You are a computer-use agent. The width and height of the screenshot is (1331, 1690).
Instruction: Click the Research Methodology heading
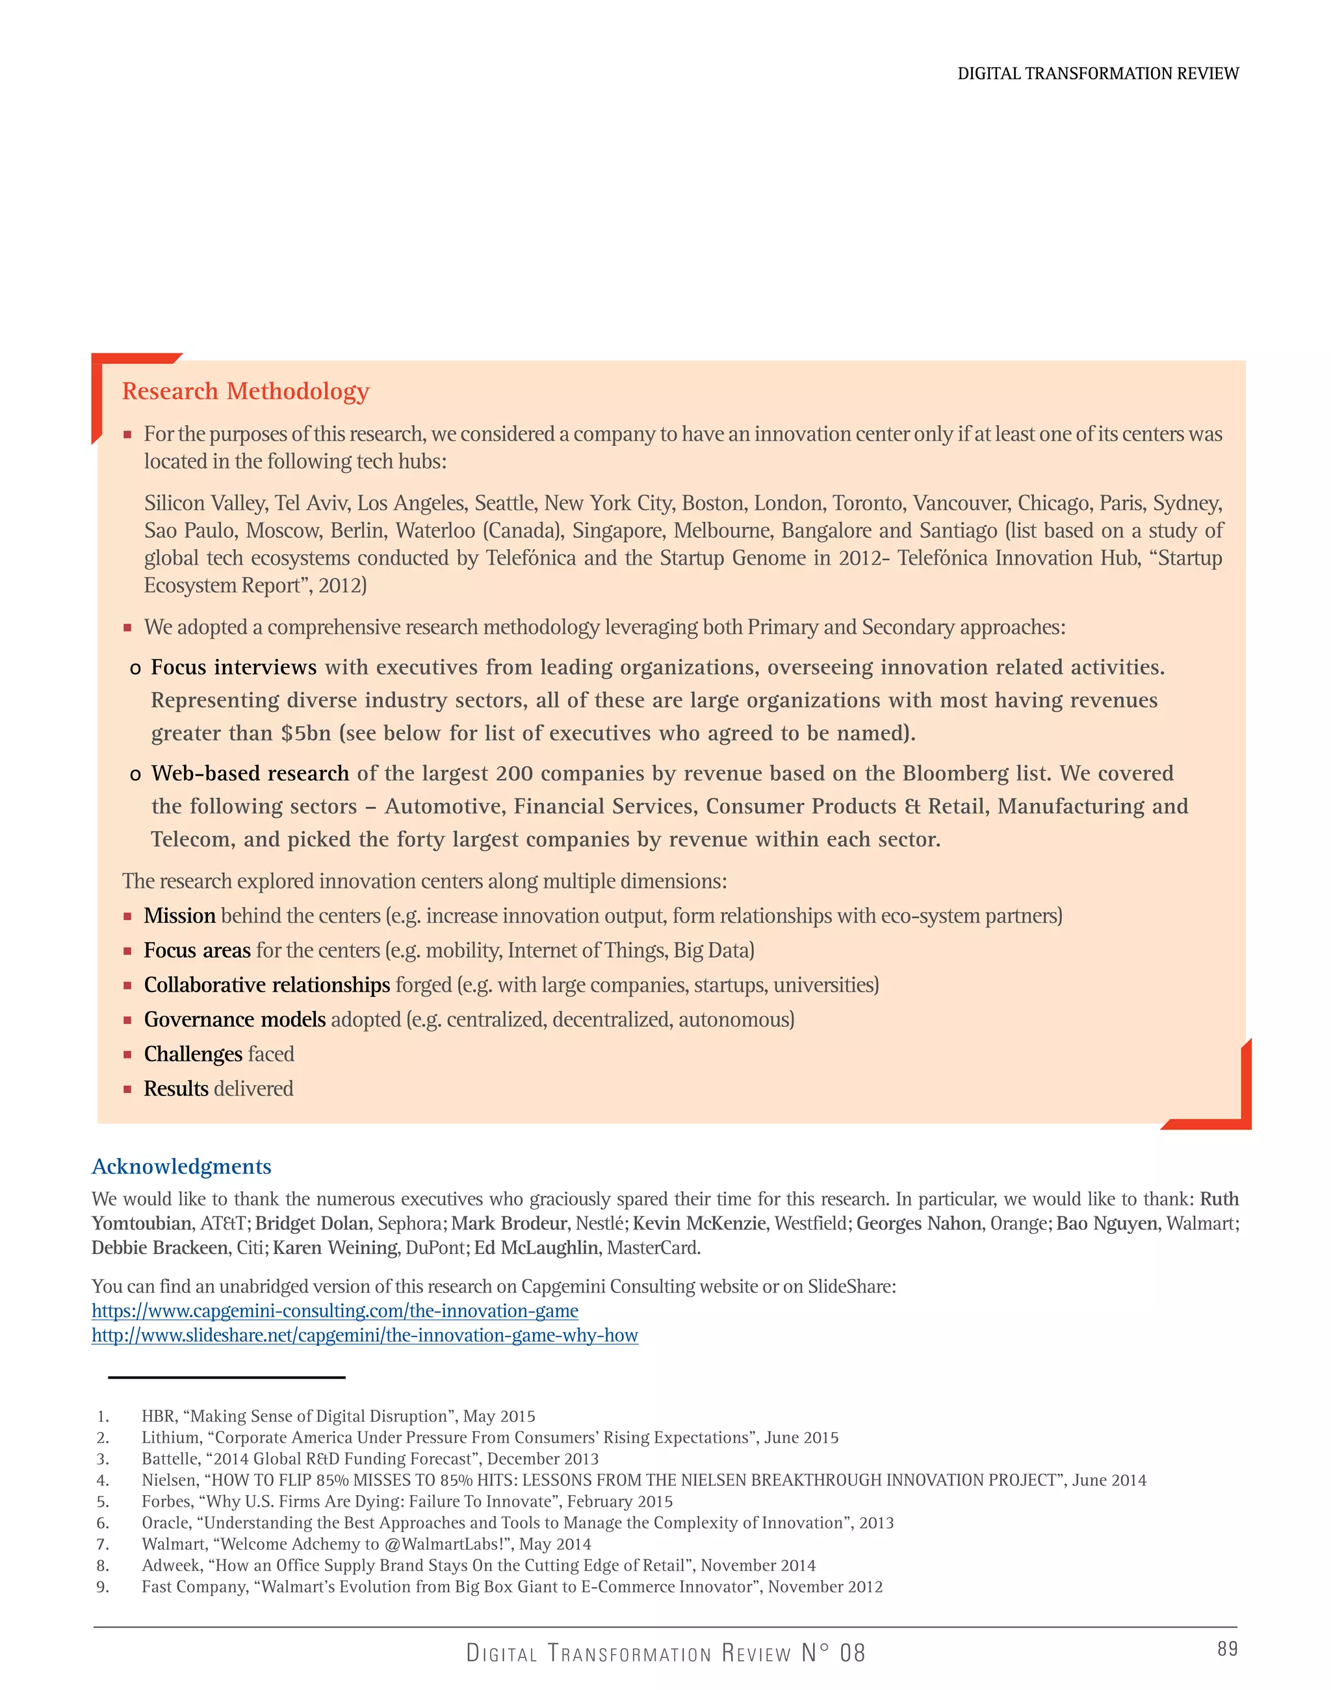click(246, 391)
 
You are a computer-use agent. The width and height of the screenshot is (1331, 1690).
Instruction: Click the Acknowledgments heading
click(181, 1166)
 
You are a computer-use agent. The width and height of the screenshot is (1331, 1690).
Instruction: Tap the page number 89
click(1228, 1648)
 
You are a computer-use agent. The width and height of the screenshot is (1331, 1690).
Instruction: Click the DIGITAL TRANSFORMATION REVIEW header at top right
click(1097, 73)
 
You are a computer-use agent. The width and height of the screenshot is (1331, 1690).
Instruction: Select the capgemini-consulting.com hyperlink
click(335, 1311)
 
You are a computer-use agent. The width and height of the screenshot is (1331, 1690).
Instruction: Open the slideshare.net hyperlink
click(365, 1335)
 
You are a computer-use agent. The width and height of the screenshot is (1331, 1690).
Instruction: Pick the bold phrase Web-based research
click(250, 773)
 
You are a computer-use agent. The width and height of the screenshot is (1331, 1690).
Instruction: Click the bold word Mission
click(179, 915)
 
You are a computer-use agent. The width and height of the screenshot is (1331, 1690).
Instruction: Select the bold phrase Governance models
click(235, 1019)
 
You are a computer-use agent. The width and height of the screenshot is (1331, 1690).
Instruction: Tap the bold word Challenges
click(192, 1054)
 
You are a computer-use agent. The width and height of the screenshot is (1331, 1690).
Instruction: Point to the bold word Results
click(176, 1088)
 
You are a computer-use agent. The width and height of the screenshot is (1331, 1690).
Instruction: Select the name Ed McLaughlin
click(537, 1248)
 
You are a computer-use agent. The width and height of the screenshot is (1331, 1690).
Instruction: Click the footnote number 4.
click(102, 1479)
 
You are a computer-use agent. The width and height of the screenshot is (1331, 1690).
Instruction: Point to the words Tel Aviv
click(310, 504)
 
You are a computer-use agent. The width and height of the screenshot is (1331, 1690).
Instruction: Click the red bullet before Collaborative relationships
click(127, 986)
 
